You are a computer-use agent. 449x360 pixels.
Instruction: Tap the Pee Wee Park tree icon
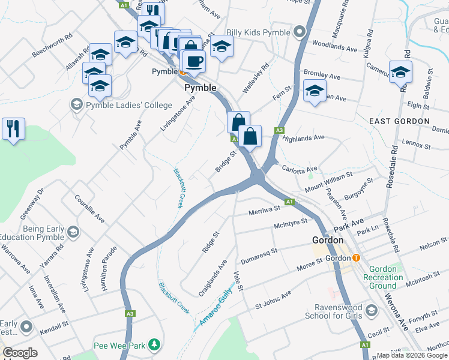155,345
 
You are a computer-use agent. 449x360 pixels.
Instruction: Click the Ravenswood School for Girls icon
372,310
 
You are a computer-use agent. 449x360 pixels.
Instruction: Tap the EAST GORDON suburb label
399,121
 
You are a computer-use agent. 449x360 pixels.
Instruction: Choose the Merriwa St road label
265,209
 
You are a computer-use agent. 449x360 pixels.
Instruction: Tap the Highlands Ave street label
303,138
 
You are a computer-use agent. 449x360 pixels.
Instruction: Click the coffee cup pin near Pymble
194,61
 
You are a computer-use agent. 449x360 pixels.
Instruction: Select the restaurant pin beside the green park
13,128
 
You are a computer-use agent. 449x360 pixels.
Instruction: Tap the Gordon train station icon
356,258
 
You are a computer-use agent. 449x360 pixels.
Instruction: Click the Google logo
20,353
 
